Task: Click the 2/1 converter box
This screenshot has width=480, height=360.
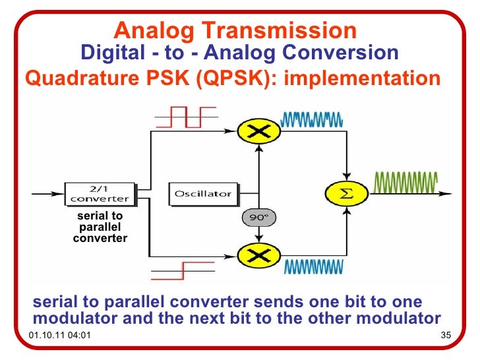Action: coord(100,193)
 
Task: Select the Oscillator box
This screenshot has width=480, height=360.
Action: coord(203,193)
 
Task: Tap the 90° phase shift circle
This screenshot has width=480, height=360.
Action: coord(258,216)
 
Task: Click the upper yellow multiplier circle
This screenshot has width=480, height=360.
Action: coord(258,131)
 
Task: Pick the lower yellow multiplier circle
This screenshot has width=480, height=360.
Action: coord(258,254)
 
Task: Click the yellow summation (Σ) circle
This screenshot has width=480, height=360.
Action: coord(345,193)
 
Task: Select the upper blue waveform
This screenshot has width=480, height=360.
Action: coord(311,119)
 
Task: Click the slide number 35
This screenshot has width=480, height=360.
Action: coord(444,338)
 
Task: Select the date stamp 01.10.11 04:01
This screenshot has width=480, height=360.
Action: coord(61,338)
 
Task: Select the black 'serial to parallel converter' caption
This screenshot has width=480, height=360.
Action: coord(100,227)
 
